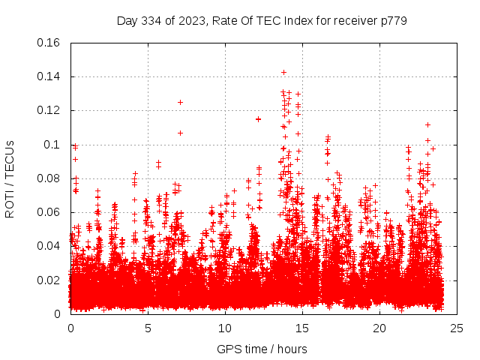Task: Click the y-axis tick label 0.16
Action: coord(49,43)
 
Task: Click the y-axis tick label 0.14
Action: coord(49,76)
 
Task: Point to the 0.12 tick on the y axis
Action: coord(49,110)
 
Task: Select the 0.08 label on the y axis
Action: coord(49,178)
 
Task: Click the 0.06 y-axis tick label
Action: coord(49,212)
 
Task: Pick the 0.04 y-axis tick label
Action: coord(49,246)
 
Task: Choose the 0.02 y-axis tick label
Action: coord(49,280)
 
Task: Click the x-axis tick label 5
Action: coord(148,328)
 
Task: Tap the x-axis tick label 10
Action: coord(225,328)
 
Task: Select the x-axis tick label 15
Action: coord(302,328)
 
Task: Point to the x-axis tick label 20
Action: coord(379,328)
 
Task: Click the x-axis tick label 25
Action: coord(457,328)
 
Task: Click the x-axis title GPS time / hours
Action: coord(262,349)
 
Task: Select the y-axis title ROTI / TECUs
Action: coord(10,178)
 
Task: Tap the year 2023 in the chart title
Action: coord(192,21)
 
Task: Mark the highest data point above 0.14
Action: coord(283,72)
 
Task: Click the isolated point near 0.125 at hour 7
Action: coord(180,102)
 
